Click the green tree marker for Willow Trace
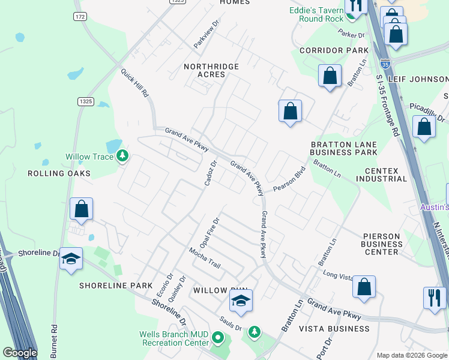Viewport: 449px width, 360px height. [x=122, y=157]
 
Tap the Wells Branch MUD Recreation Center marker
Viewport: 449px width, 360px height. [x=218, y=340]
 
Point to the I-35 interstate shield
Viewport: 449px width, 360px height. [x=384, y=62]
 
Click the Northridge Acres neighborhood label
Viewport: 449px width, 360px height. [x=211, y=70]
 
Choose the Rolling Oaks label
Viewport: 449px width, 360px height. [x=59, y=173]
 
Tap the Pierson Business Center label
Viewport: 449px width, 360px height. [x=382, y=244]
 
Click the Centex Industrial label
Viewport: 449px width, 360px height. [x=381, y=175]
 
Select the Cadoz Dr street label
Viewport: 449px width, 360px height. [x=210, y=173]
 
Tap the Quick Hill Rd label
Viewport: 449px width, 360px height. [x=134, y=83]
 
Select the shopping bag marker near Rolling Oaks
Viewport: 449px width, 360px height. [x=82, y=209]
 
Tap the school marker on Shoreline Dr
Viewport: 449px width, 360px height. [x=71, y=259]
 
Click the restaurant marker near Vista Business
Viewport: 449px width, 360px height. [x=434, y=297]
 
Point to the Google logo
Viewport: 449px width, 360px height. [x=20, y=353]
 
